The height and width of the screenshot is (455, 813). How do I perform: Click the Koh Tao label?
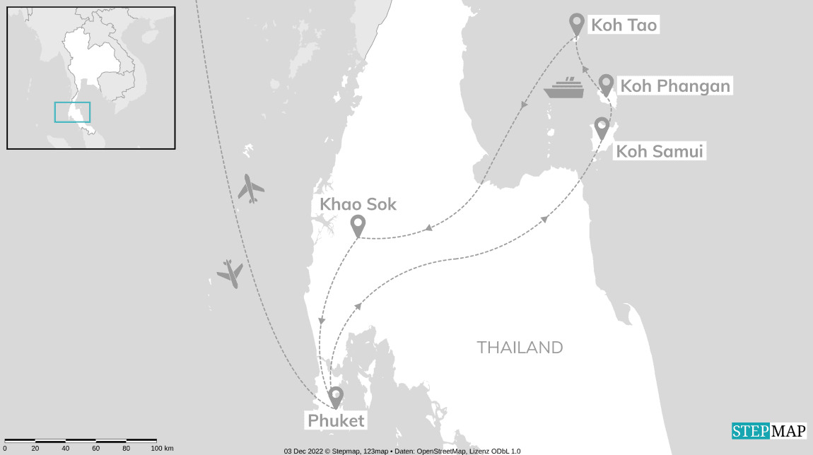[x=624, y=25]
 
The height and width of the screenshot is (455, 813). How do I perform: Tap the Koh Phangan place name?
[x=674, y=86]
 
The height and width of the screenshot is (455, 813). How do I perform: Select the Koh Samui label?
[x=660, y=151]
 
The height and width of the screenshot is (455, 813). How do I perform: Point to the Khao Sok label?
[x=358, y=204]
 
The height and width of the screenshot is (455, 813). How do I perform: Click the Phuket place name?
[x=336, y=421]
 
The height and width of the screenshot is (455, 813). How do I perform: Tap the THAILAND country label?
[x=520, y=348]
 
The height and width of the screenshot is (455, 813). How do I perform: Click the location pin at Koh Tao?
[x=577, y=24]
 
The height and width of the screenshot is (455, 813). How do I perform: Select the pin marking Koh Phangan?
[x=606, y=85]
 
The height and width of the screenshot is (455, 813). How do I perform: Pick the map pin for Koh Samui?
[x=602, y=128]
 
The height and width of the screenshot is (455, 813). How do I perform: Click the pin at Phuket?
[x=336, y=396]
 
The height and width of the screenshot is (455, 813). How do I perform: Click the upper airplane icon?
[x=251, y=189]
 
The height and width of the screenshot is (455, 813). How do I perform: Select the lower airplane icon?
[x=230, y=273]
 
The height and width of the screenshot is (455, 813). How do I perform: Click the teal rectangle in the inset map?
[x=72, y=112]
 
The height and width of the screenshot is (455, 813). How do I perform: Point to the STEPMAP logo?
[x=768, y=431]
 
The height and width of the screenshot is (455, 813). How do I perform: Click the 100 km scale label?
[x=162, y=449]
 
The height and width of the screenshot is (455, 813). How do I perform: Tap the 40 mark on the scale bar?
[x=65, y=449]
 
